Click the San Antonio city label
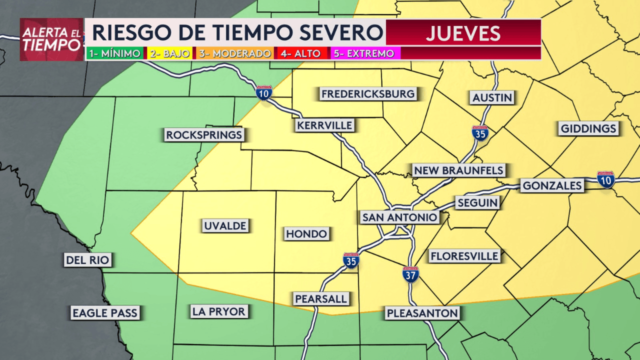[399, 217]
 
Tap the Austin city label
[492, 97]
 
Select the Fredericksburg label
[368, 94]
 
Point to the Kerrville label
[324, 125]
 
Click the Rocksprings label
[204, 135]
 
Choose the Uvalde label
[225, 226]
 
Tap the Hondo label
[306, 233]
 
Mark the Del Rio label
[87, 260]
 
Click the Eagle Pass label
[104, 313]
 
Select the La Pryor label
[219, 312]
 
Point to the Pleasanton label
[422, 313]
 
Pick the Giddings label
[588, 129]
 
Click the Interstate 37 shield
[410, 274]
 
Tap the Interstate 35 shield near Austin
[480, 133]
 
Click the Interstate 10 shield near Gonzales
[606, 179]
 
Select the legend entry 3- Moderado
[235, 53]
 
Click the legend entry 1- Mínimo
[115, 53]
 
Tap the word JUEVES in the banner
[463, 33]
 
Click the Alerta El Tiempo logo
[51, 39]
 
